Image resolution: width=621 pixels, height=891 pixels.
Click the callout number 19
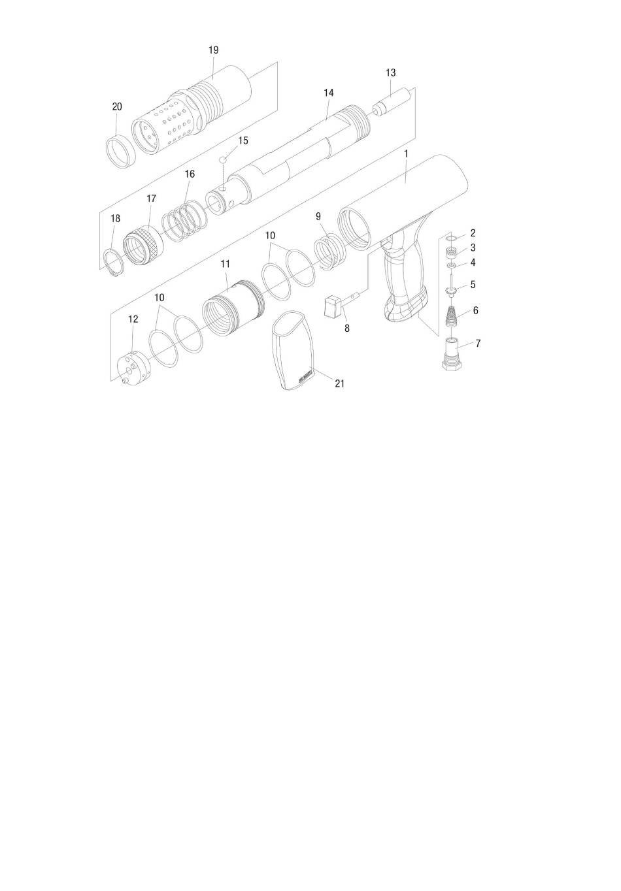(x=213, y=50)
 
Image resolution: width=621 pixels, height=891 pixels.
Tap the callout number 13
(x=390, y=73)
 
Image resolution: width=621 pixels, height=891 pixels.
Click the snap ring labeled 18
(x=114, y=262)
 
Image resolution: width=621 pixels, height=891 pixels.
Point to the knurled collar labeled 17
(x=144, y=247)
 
